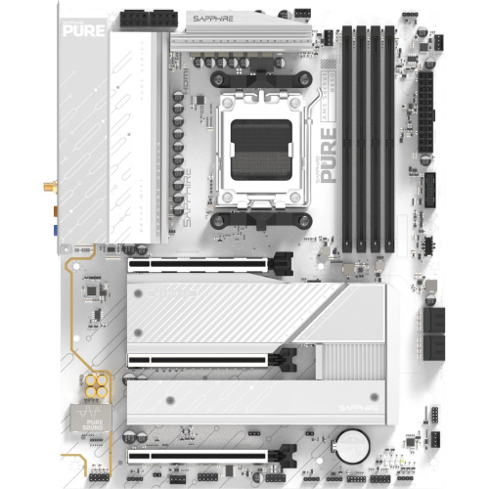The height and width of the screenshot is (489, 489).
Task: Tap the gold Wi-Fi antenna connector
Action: pyautogui.click(x=47, y=186)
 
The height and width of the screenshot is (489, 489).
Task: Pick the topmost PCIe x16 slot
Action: pyautogui.click(x=205, y=263)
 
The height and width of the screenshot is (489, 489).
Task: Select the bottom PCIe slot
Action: pyautogui.click(x=205, y=455)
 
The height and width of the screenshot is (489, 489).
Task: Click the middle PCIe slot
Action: pyautogui.click(x=205, y=359)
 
